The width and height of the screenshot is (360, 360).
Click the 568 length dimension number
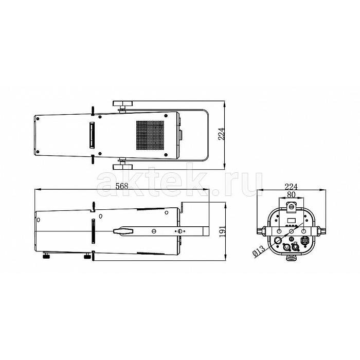point(122,186)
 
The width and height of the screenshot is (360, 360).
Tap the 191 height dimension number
point(222,231)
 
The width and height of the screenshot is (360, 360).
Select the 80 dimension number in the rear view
point(291,194)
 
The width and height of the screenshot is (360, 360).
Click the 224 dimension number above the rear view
point(291,187)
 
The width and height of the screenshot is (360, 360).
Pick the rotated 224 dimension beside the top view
point(221,134)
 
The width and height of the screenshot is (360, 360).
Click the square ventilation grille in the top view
point(150,135)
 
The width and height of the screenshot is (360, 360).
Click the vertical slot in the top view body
point(92,135)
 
